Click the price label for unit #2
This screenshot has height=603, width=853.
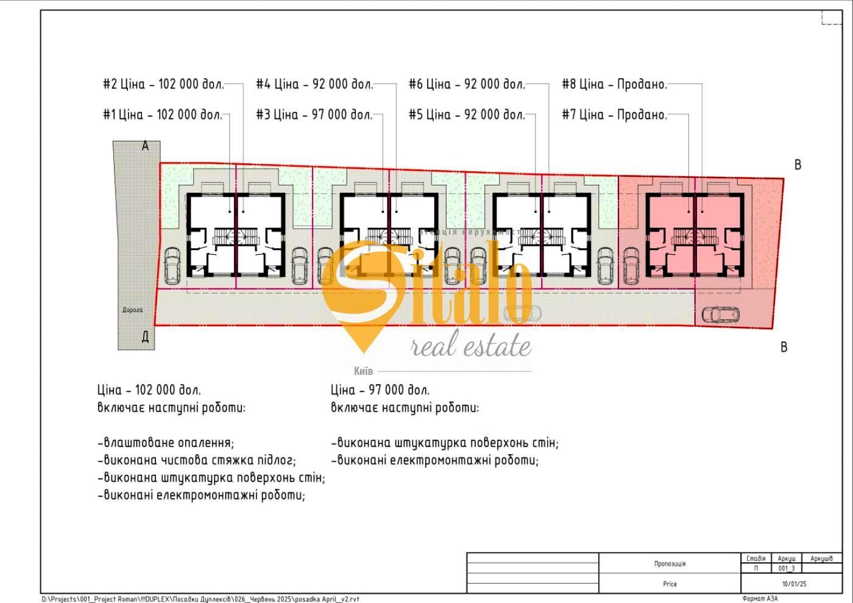pos(163,84)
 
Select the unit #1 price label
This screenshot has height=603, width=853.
pos(162,115)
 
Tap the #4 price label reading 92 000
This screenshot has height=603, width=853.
pos(314,84)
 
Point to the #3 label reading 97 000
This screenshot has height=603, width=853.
pos(314,115)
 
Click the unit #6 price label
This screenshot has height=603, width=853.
pos(467,84)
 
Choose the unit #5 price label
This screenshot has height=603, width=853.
pos(467,115)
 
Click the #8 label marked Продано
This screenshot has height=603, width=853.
pos(615,84)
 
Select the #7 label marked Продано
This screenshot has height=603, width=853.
pos(615,115)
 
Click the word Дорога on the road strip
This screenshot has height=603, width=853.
pos(132,310)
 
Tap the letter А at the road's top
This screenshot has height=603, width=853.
pos(145,146)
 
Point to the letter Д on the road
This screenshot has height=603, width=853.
pos(145,337)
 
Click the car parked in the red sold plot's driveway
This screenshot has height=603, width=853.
pos(720,315)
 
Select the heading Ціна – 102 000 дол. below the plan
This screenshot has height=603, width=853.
pos(149,390)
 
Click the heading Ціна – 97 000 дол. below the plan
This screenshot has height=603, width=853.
pos(380,390)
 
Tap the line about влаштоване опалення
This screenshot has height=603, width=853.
pos(166,443)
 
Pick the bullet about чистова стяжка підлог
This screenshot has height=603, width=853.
pos(197,460)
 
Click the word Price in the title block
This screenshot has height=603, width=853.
pos(670,584)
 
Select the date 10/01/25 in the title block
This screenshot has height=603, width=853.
pos(794,584)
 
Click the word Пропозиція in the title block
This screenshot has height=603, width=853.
pos(670,564)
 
